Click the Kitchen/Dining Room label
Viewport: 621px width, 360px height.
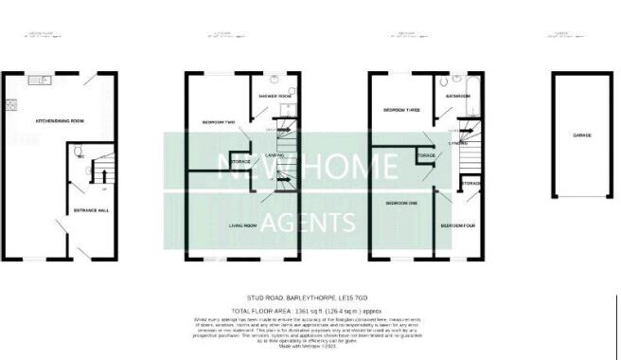[x=60, y=121]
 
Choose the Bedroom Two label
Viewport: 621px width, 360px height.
[x=218, y=123]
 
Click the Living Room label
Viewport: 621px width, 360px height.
[x=244, y=225]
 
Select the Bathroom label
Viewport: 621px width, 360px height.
[x=458, y=96]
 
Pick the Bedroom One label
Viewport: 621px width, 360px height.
[x=401, y=203]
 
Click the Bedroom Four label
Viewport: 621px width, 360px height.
[x=458, y=226]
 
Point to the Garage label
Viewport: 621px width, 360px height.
[x=581, y=135]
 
